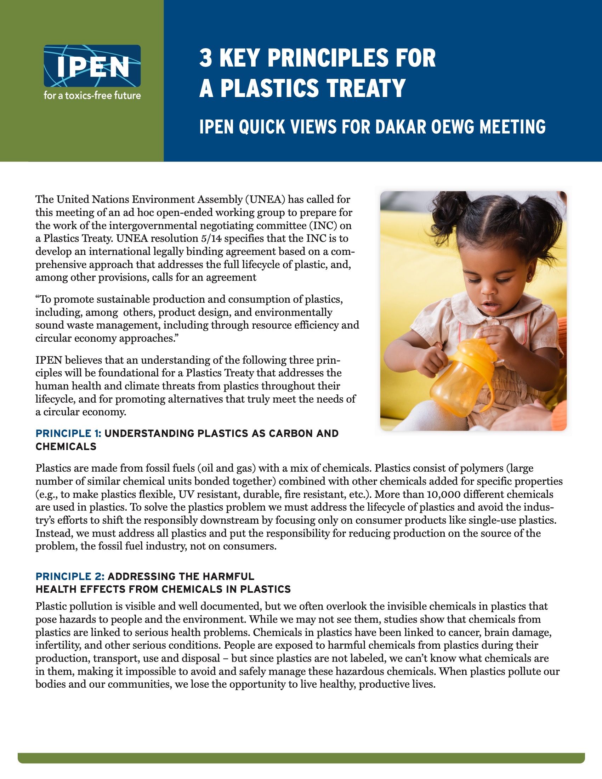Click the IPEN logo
pos(92,66)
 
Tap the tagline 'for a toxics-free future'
pos(92,96)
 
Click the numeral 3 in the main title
pos(205,58)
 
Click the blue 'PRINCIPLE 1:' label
pos(68,433)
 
